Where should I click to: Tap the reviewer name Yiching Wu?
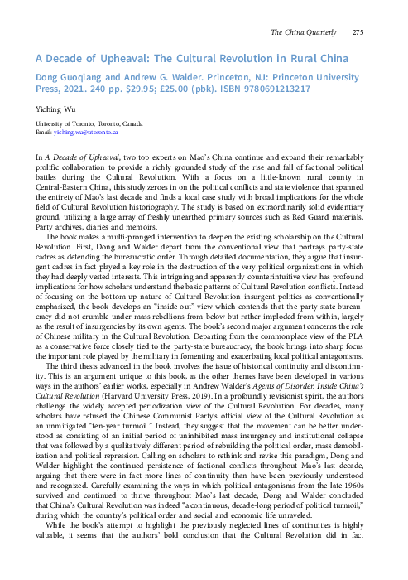[x=52, y=107]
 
